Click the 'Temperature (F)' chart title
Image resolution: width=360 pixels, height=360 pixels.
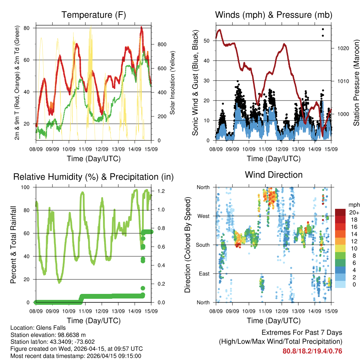94,15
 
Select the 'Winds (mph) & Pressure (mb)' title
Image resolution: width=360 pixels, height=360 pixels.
274,15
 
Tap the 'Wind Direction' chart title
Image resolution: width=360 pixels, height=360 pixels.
274,175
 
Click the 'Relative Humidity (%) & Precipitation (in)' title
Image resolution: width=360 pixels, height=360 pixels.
94,177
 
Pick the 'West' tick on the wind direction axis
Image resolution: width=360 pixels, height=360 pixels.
203,216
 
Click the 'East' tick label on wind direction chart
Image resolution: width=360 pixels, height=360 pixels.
204,274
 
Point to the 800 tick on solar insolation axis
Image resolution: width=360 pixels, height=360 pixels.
162,44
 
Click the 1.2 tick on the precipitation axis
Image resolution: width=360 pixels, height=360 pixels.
160,191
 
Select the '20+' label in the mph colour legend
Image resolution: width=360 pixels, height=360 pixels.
353,212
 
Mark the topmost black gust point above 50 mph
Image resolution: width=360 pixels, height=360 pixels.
323,29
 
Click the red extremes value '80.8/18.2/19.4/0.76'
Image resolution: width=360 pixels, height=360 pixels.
312,351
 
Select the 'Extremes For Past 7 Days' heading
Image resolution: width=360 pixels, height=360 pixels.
302,333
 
